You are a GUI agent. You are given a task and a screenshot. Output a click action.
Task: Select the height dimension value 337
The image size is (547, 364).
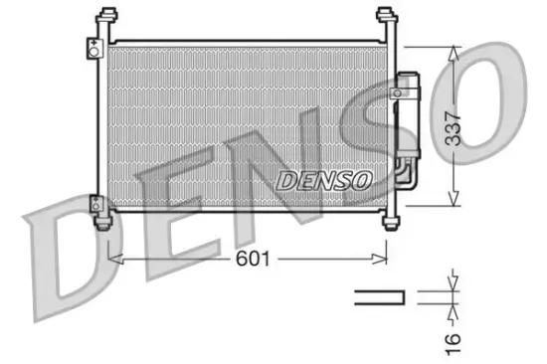pyautogui.click(x=455, y=125)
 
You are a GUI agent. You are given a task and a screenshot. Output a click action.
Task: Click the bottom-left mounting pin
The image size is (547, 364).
pyautogui.click(x=102, y=222)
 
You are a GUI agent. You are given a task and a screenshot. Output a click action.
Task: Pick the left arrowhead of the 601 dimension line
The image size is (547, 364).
pyautogui.click(x=111, y=258)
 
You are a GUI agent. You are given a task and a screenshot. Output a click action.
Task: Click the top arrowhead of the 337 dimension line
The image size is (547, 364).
pyautogui.click(x=455, y=52)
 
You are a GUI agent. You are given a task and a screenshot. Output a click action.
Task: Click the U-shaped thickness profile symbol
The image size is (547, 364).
pyautogui.click(x=381, y=295)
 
